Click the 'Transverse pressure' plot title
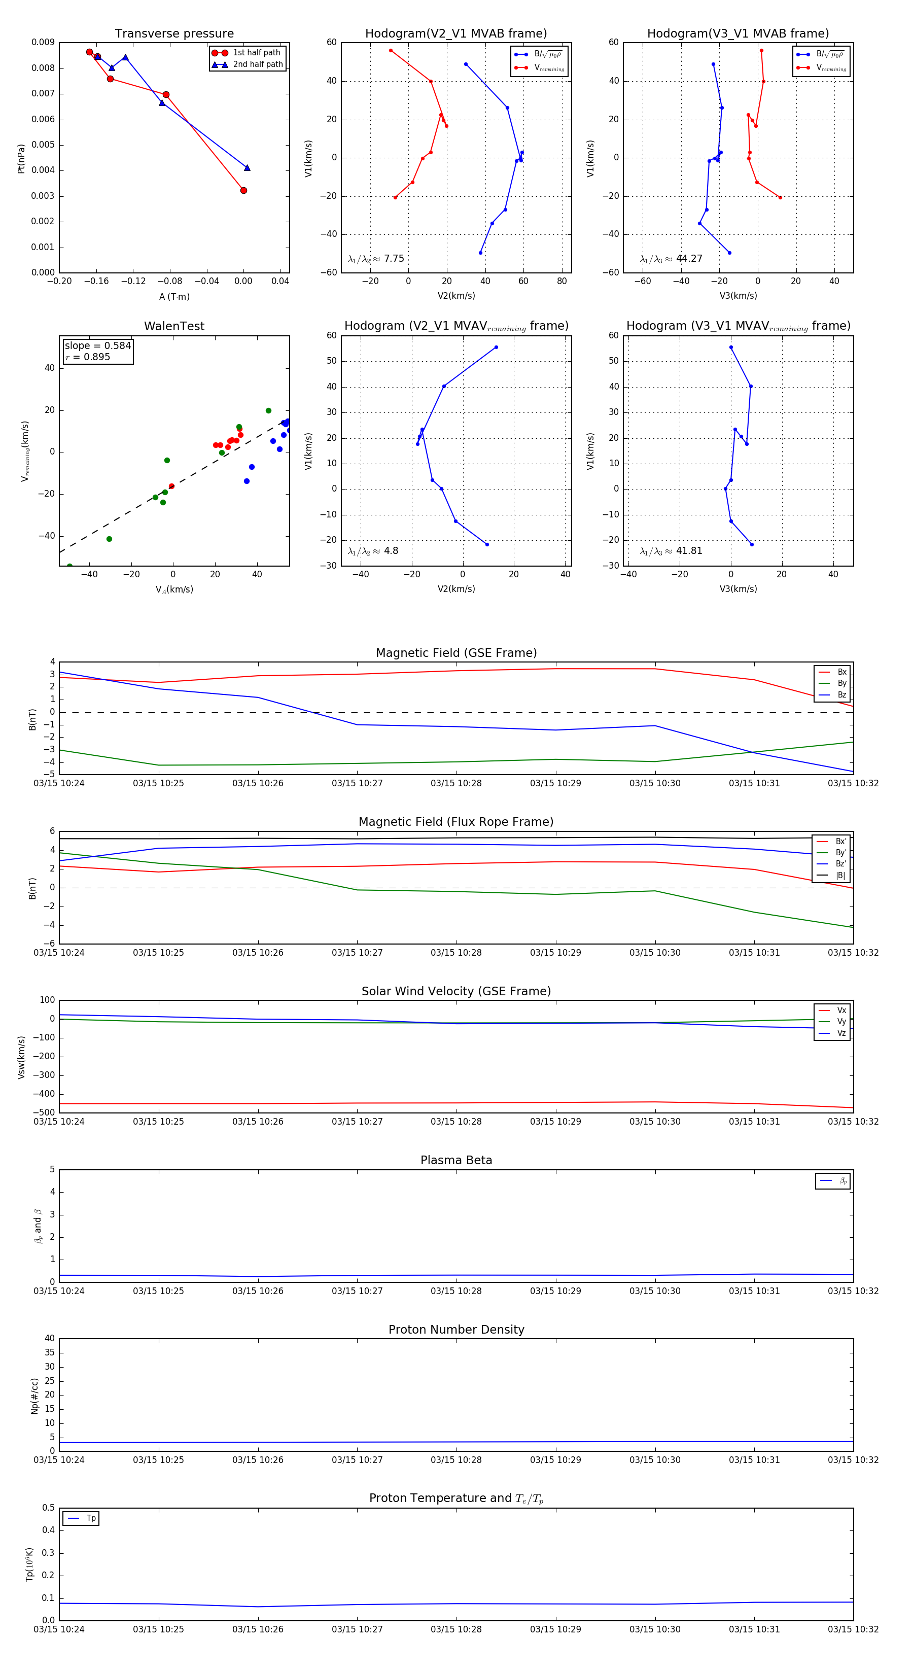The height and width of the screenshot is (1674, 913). point(174,34)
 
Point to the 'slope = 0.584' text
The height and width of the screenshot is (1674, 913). point(97,346)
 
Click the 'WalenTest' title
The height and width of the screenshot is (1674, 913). point(174,326)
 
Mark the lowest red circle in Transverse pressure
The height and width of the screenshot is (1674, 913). point(243,190)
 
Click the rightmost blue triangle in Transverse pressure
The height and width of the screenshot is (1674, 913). point(247,168)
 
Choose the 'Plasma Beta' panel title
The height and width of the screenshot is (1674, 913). point(456,1160)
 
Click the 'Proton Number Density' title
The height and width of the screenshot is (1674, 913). point(456,1329)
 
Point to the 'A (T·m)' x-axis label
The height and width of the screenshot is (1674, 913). point(174,296)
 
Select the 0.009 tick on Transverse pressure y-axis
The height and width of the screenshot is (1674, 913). point(43,42)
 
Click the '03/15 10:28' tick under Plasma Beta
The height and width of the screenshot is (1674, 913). point(456,1291)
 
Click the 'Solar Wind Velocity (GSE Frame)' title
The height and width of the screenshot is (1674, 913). point(456,991)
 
